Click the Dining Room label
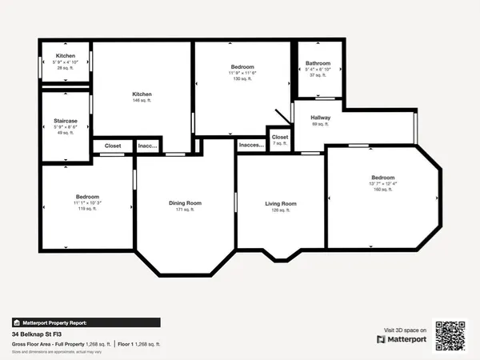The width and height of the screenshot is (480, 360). [185, 203]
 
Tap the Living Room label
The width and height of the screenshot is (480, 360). [281, 204]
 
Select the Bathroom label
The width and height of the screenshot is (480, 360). [318, 62]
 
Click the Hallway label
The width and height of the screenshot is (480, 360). [320, 118]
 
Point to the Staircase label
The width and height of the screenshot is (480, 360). [65, 121]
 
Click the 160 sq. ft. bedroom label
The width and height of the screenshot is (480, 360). [382, 177]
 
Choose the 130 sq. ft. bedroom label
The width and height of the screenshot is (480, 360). [242, 66]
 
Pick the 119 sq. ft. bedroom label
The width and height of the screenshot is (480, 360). [87, 197]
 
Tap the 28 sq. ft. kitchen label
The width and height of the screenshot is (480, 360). [65, 56]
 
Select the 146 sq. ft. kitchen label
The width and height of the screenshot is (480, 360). [142, 94]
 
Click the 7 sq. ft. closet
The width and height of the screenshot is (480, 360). [279, 137]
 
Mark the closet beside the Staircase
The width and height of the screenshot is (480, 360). [113, 146]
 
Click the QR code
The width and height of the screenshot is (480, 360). [450, 335]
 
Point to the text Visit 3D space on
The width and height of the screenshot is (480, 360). [403, 330]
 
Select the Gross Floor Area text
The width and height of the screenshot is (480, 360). [61, 343]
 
